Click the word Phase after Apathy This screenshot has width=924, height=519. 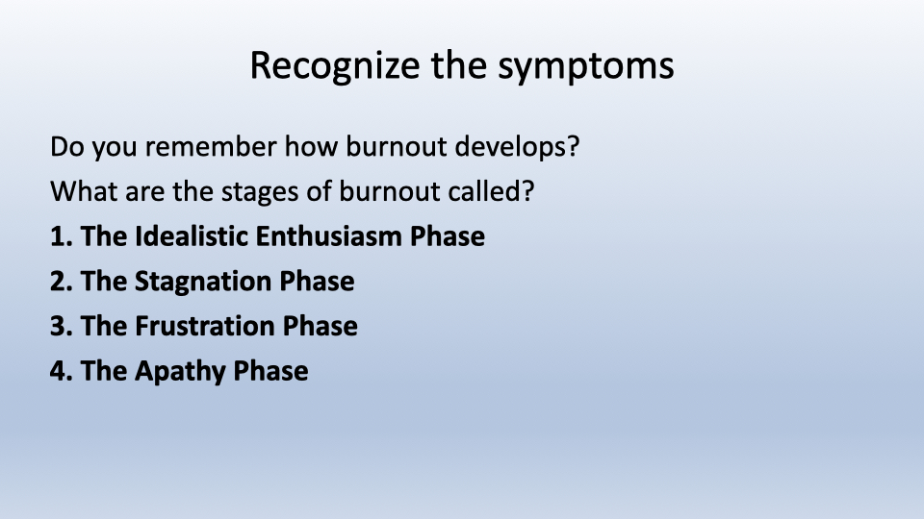coord(270,371)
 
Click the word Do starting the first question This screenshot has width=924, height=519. coord(65,148)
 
